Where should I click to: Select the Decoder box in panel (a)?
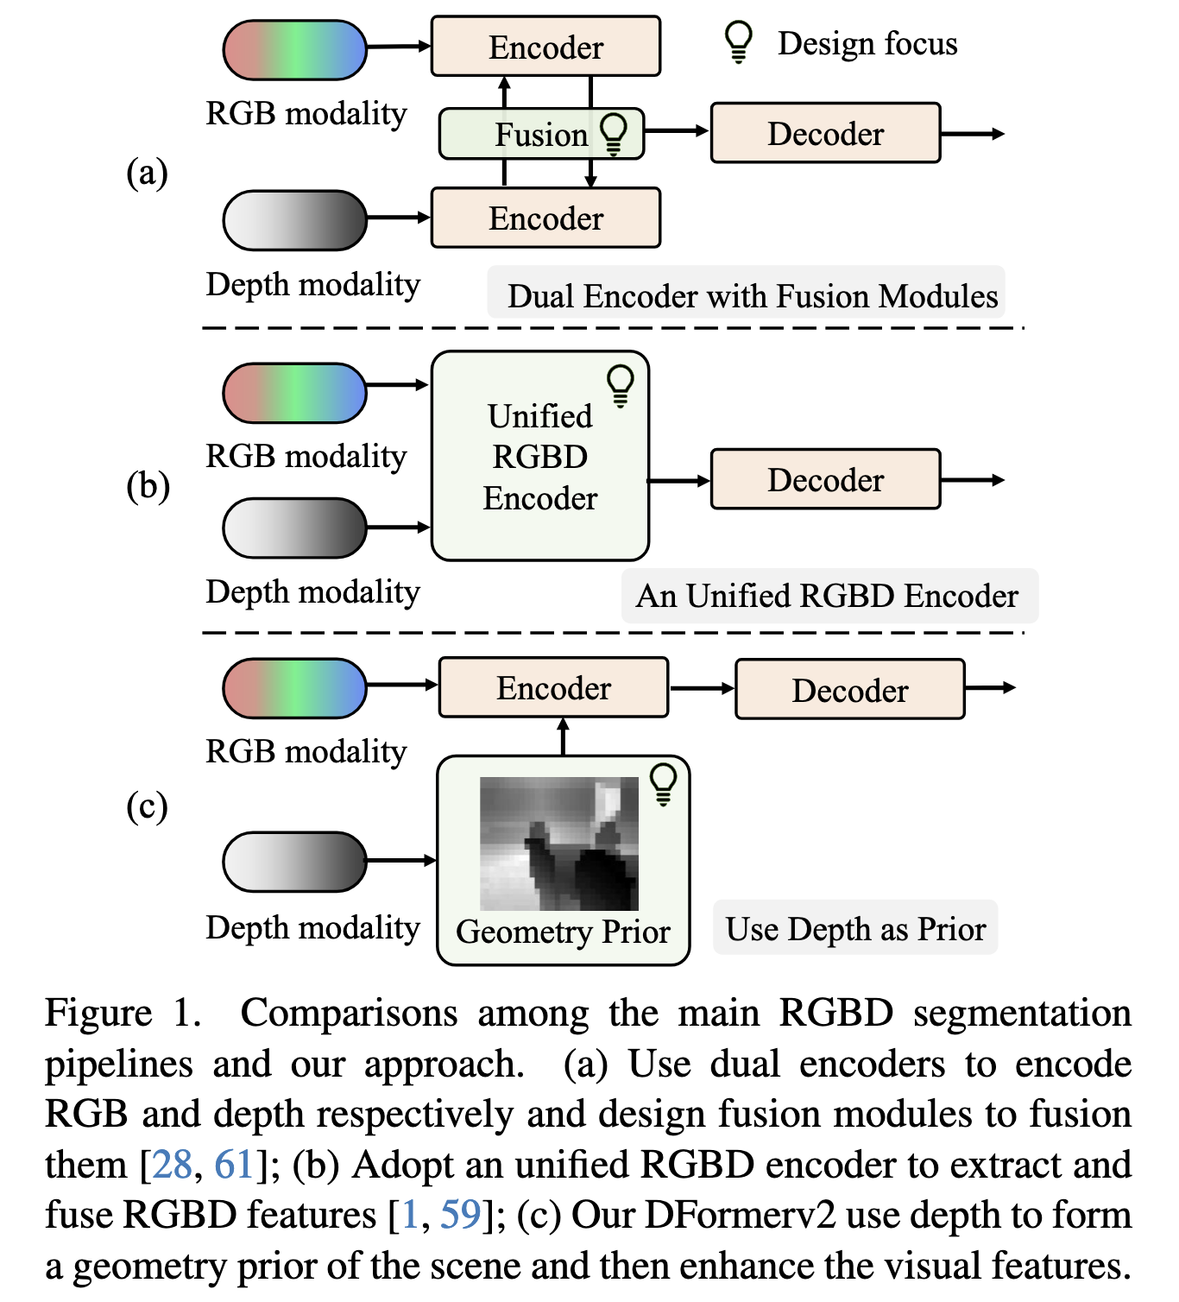point(825,133)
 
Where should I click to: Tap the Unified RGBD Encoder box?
point(539,456)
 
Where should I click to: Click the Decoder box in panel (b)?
point(825,479)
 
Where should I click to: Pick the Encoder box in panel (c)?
point(553,688)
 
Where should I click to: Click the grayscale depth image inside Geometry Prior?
point(558,844)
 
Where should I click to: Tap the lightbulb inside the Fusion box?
point(614,134)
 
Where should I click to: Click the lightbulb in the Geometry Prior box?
point(663,784)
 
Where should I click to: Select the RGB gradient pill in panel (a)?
point(295,50)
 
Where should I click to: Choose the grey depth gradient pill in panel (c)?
point(295,861)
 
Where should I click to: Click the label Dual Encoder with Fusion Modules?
point(751,296)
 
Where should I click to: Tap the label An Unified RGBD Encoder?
point(827,596)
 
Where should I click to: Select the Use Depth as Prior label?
point(854,929)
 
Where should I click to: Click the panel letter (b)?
point(148,485)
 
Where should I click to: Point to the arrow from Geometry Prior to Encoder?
point(564,736)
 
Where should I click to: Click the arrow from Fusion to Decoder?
point(677,131)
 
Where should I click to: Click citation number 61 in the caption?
point(233,1165)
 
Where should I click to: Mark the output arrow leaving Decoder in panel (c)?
point(989,688)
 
